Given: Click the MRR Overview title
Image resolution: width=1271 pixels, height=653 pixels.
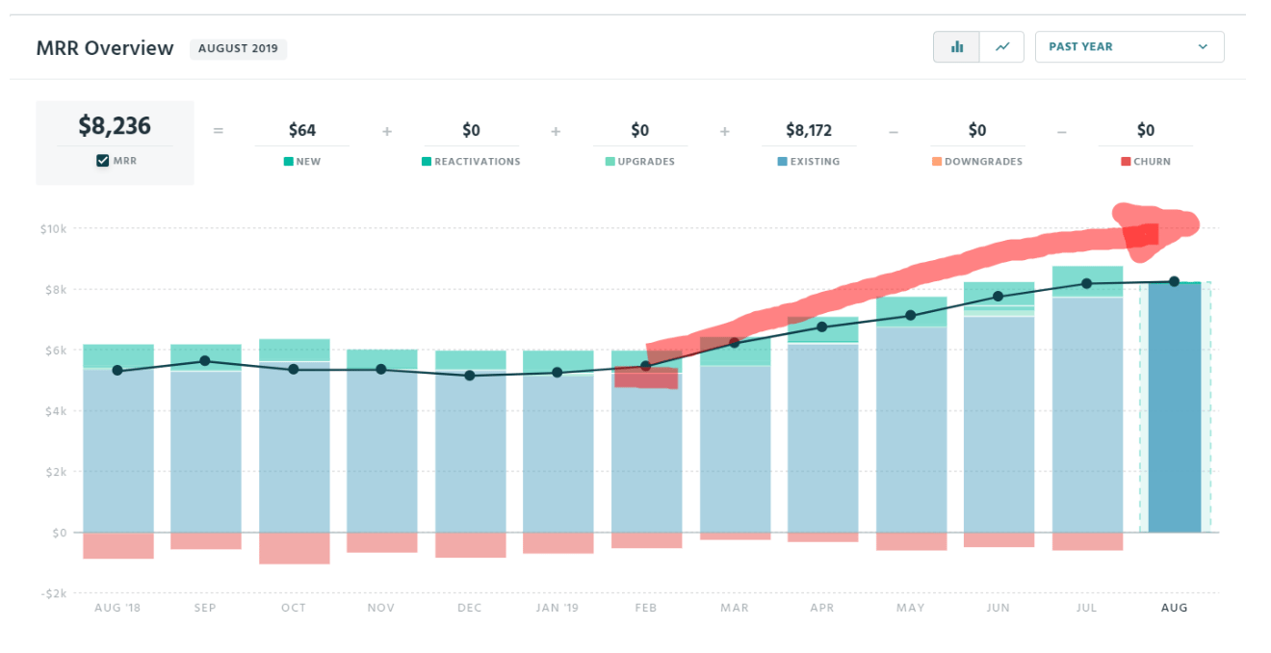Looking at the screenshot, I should pyautogui.click(x=105, y=48).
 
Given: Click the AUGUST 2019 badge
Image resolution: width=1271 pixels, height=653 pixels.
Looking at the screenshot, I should pyautogui.click(x=238, y=49).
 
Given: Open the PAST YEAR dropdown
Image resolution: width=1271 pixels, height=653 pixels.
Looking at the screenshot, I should pyautogui.click(x=1128, y=46).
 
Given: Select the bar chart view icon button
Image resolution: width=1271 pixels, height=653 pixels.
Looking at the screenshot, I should pyautogui.click(x=957, y=46).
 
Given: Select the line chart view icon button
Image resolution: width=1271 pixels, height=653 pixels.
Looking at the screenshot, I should pyautogui.click(x=1002, y=46).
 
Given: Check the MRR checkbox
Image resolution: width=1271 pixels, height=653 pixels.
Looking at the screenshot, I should pyautogui.click(x=103, y=161).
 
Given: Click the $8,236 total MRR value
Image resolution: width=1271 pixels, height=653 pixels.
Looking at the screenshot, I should pyautogui.click(x=115, y=126).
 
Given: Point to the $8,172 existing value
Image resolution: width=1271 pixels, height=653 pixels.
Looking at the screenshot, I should pyautogui.click(x=808, y=130).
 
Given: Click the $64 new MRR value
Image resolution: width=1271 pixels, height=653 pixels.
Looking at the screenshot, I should pyautogui.click(x=302, y=130).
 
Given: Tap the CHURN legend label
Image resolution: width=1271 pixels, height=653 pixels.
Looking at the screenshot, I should pyautogui.click(x=1152, y=162).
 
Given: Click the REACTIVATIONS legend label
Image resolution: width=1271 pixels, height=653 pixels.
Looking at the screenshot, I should pyautogui.click(x=477, y=162).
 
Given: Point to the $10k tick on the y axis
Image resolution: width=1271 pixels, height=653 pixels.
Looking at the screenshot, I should pyautogui.click(x=53, y=229).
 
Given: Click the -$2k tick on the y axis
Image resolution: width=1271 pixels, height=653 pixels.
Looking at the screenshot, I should pyautogui.click(x=53, y=593).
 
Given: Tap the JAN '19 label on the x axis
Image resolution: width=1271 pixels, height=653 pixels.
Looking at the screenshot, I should pyautogui.click(x=558, y=608).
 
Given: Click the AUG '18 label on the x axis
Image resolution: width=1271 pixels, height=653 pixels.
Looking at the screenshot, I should pyautogui.click(x=117, y=608).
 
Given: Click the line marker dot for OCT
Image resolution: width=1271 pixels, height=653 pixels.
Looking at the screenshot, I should pyautogui.click(x=294, y=370).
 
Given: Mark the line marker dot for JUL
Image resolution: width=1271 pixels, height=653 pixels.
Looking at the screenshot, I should pyautogui.click(x=1087, y=283).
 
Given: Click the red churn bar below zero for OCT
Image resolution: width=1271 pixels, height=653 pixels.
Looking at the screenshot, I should pyautogui.click(x=294, y=548).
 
